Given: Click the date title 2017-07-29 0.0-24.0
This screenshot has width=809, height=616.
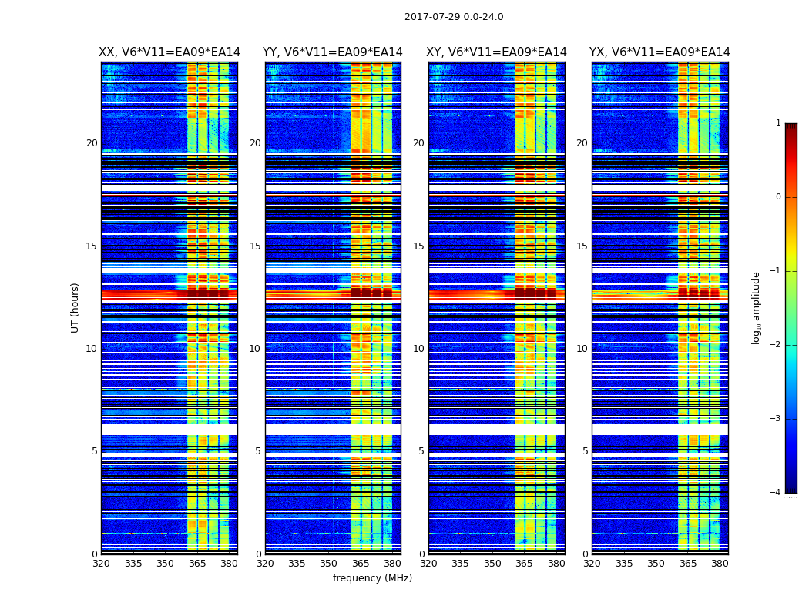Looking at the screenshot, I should coord(454,17).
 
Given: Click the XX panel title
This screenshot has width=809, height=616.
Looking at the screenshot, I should coord(170,52).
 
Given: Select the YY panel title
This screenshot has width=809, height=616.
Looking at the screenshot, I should coord(333,52).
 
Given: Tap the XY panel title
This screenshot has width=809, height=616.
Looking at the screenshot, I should coord(496,52).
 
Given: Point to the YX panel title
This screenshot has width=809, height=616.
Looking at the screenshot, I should coord(660,52).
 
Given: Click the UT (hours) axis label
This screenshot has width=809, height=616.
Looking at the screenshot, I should coord(76,307).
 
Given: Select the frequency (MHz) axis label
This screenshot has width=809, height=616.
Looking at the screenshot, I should coord(372,578).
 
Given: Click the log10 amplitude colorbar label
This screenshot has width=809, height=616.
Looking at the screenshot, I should coord(757,307).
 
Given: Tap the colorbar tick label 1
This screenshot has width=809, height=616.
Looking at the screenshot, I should coord(777,123).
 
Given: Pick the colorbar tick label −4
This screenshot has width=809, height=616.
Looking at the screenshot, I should coord(776,493).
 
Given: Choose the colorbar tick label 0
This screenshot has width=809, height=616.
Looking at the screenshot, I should coord(777,197).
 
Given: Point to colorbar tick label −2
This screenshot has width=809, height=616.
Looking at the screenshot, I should coord(776,345).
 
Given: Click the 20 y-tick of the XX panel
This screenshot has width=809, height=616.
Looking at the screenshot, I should coord(92,143).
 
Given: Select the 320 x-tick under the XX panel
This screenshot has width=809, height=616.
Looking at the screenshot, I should coord(101,564).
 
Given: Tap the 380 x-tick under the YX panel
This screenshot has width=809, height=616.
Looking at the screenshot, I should coord(720,564).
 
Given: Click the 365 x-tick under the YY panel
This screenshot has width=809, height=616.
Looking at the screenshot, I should coord(361,564).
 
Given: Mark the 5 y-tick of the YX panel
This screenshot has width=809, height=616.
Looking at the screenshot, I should coord(585,451).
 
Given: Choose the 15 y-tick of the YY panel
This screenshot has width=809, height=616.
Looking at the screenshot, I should coord(255,246).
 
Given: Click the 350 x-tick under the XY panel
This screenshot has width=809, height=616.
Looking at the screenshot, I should coord(492,564).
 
